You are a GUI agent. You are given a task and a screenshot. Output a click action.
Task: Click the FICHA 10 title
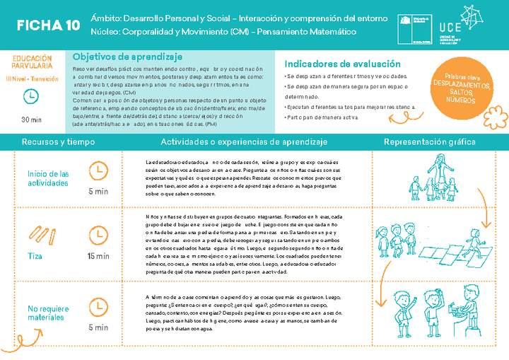pyautogui.click(x=48, y=25)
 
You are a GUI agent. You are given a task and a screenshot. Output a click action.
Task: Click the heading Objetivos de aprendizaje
pyautogui.click(x=128, y=57)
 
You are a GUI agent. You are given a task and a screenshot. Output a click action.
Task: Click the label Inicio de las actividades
pyautogui.click(x=48, y=178)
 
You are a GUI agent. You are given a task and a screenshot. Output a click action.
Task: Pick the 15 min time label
pyautogui.click(x=98, y=256)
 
